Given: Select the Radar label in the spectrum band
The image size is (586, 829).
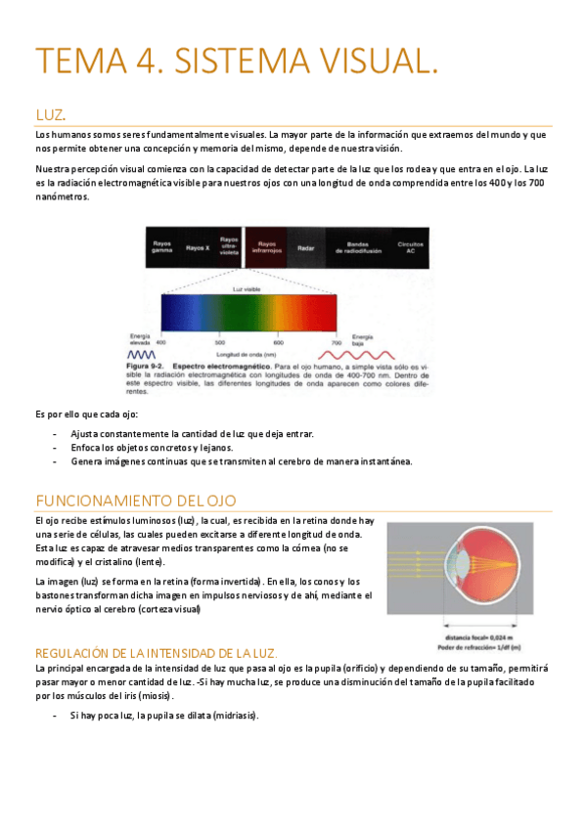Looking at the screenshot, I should (304, 247).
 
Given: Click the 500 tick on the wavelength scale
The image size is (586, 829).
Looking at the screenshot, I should (219, 343).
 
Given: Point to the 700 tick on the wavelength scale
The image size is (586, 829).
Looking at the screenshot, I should (336, 343).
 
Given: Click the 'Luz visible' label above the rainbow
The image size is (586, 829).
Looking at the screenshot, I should (246, 288).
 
